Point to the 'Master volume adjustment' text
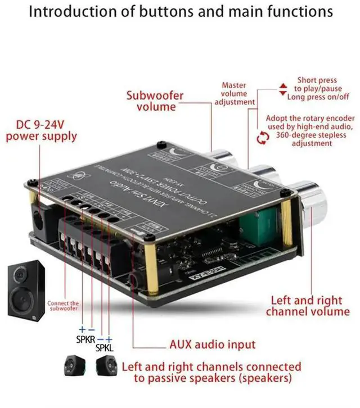point(235,93)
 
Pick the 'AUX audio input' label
point(212,344)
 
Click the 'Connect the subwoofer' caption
point(64,306)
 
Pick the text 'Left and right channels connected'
point(211,366)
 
